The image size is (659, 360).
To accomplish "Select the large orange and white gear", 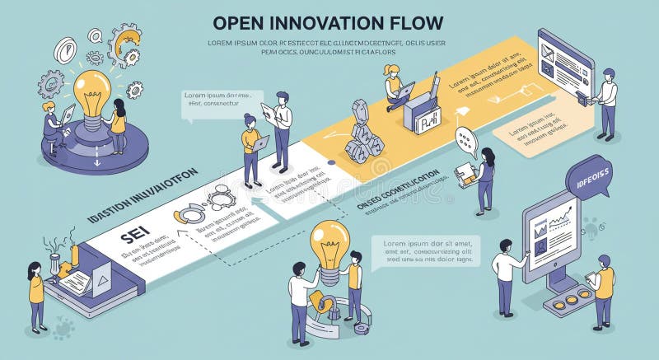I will pos(125,43).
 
